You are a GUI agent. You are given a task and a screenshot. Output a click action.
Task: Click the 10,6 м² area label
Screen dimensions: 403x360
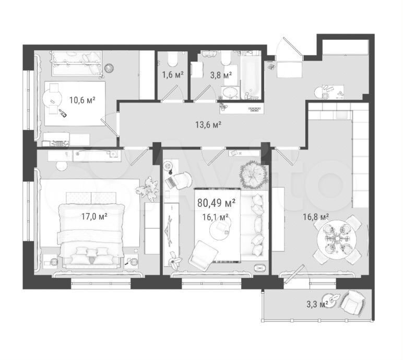tap(82, 100)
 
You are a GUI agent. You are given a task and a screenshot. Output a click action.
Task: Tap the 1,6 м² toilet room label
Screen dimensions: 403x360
tap(172, 75)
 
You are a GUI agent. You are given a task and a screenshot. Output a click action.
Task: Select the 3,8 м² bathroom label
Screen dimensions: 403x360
tap(221, 75)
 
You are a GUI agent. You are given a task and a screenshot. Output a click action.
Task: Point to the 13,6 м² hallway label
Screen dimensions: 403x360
tap(208, 125)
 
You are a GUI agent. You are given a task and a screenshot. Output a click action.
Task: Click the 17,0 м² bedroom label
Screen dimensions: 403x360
tap(94, 217)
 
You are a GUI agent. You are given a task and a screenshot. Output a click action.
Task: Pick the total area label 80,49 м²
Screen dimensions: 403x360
tap(216, 203)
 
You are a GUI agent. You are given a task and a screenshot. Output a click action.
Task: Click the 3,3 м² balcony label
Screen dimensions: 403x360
tap(317, 305)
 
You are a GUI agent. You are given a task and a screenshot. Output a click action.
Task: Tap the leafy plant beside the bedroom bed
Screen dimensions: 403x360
tap(147, 189)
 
